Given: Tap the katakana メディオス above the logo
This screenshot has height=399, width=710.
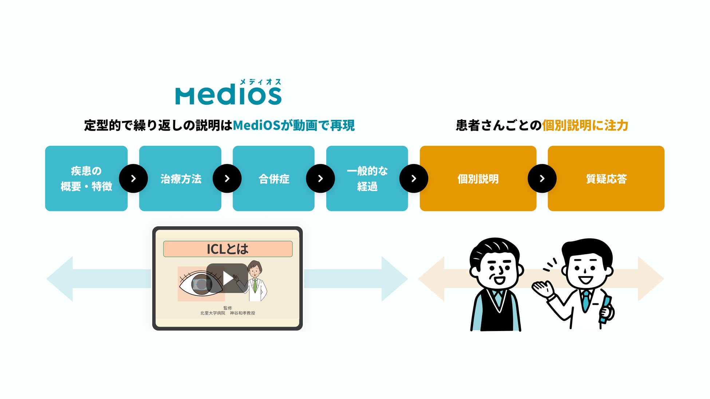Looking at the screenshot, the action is tap(261, 82).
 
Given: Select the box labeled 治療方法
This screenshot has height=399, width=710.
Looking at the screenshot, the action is tap(180, 179).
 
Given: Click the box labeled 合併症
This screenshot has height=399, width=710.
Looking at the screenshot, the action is tap(273, 179).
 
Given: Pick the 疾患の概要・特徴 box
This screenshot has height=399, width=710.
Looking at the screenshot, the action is tap(86, 179).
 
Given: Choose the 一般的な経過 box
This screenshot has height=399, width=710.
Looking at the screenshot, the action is tap(367, 179).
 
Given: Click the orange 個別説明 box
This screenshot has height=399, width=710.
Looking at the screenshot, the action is tap(478, 179).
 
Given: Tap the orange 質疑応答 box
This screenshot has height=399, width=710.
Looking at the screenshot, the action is tap(606, 179).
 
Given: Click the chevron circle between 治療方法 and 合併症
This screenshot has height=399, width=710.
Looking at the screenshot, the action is tap(227, 179).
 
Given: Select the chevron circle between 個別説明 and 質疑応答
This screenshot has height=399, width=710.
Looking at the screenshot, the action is tap(542, 179).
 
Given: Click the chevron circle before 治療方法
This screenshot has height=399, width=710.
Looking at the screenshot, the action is tap(133, 179).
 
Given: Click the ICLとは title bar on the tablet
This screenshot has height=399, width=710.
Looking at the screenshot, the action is tap(228, 249).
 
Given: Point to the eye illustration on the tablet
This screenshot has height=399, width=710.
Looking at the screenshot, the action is tap(200, 284).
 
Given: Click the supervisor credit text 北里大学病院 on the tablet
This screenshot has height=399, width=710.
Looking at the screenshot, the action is tap(213, 313).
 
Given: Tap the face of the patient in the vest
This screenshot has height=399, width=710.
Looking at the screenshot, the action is tap(496, 267).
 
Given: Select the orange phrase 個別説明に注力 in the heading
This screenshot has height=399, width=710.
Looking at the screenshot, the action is tap(585, 125).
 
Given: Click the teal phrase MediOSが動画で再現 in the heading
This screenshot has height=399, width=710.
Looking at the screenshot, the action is tap(294, 125).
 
